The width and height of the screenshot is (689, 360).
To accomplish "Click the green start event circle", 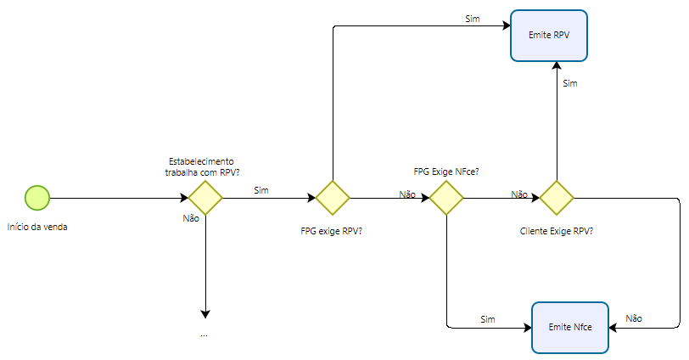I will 37,198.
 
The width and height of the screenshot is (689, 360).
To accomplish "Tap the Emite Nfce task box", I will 569,327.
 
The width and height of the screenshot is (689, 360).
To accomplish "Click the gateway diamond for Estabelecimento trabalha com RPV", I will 204,198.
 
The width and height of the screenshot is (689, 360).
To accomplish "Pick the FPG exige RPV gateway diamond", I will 333,198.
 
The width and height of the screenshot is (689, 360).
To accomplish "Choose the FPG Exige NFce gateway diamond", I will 446,198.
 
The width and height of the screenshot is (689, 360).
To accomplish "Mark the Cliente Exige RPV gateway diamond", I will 557,198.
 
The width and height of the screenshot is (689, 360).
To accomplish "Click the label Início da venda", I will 36,227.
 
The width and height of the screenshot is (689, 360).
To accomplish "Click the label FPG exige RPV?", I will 333,230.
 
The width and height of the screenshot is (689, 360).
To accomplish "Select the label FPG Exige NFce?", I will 446,172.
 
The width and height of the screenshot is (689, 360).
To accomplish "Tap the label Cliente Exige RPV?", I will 556,230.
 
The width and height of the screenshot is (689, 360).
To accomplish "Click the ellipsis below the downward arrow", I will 204,334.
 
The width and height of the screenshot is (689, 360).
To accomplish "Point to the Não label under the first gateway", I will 191,218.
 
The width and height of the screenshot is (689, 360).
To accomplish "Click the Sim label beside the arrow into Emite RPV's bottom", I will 570,83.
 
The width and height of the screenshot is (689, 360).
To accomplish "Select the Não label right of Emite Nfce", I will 634,318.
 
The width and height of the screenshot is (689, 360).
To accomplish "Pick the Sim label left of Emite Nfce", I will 488,318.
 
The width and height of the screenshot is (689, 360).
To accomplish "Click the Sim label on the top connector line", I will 472,18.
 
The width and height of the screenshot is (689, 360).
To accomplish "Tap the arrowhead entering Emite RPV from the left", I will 506,27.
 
